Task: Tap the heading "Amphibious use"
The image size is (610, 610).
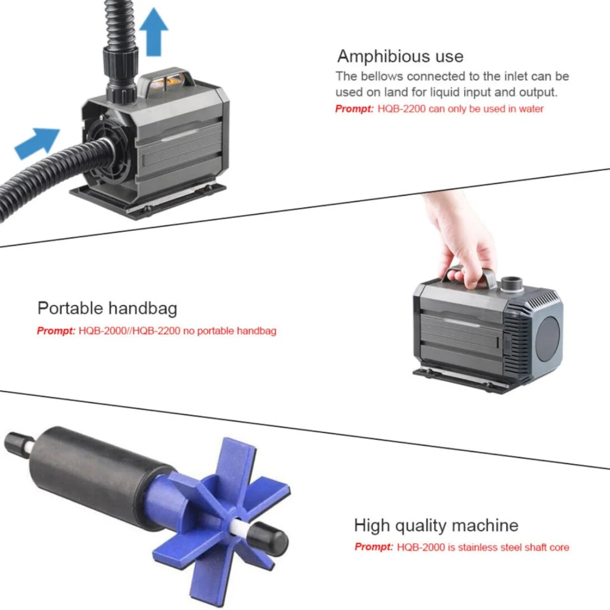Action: click(400, 57)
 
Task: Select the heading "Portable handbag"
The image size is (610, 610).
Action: click(107, 309)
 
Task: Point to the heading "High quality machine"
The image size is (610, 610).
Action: click(436, 525)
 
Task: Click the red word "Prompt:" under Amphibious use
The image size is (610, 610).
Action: click(354, 109)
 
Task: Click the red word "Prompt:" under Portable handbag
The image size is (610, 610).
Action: click(56, 331)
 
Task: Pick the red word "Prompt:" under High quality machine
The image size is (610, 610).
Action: click(374, 547)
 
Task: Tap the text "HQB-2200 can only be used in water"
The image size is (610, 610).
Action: click(460, 109)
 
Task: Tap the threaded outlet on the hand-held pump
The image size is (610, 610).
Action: click(511, 283)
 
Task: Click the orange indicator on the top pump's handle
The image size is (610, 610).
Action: click(168, 77)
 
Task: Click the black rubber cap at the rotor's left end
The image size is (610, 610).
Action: click(14, 442)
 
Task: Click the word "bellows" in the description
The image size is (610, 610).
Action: click(380, 76)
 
